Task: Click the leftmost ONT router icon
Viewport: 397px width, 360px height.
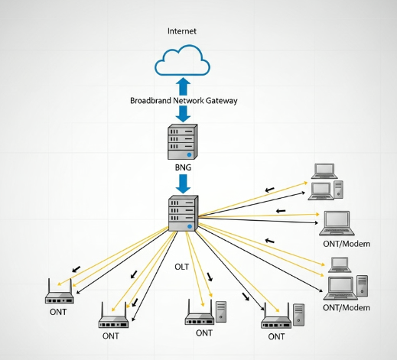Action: [x=57, y=292]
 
